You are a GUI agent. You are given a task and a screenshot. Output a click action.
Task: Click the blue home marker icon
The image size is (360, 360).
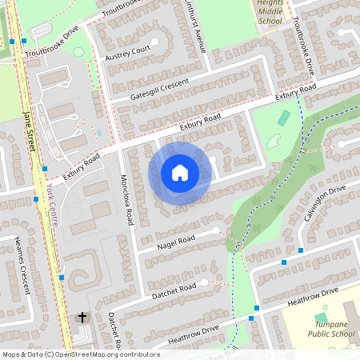(x=180, y=172)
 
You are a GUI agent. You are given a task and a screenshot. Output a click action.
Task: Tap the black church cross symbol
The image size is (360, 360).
(x=82, y=318)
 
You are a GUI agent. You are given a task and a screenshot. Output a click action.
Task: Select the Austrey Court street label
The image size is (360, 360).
(x=128, y=54)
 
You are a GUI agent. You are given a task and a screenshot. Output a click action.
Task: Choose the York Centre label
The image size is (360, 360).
(x=52, y=205)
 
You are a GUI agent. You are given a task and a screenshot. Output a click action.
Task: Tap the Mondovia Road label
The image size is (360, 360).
(x=126, y=199)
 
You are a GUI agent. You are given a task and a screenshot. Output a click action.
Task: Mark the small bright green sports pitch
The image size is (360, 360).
(x=283, y=118)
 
